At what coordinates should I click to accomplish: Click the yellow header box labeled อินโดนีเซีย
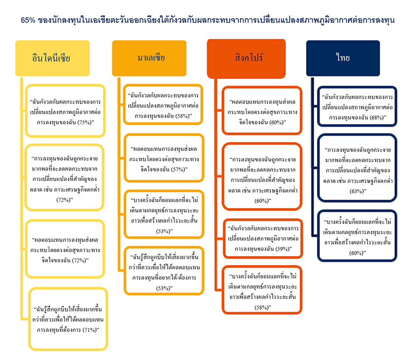52,58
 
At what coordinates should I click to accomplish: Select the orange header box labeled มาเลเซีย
149,58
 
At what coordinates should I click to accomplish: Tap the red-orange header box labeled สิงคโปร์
246,59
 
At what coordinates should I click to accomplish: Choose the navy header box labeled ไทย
343,58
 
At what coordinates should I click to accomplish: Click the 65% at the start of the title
28,20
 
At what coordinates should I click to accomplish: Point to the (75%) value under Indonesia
85,122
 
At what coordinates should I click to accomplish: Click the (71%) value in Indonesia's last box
90,330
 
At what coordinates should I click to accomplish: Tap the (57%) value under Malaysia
178,169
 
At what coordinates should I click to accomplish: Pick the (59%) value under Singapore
283,249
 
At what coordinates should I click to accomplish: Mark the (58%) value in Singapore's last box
262,307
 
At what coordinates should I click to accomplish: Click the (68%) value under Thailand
377,117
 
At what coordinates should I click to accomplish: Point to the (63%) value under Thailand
357,191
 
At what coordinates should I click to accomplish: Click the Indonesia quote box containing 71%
69,319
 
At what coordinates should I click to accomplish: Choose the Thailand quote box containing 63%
357,168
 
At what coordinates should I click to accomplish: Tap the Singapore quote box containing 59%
263,239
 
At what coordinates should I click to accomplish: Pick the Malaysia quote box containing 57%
164,158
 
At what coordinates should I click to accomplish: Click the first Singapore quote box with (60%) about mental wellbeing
262,110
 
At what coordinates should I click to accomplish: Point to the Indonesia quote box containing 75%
66,111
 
